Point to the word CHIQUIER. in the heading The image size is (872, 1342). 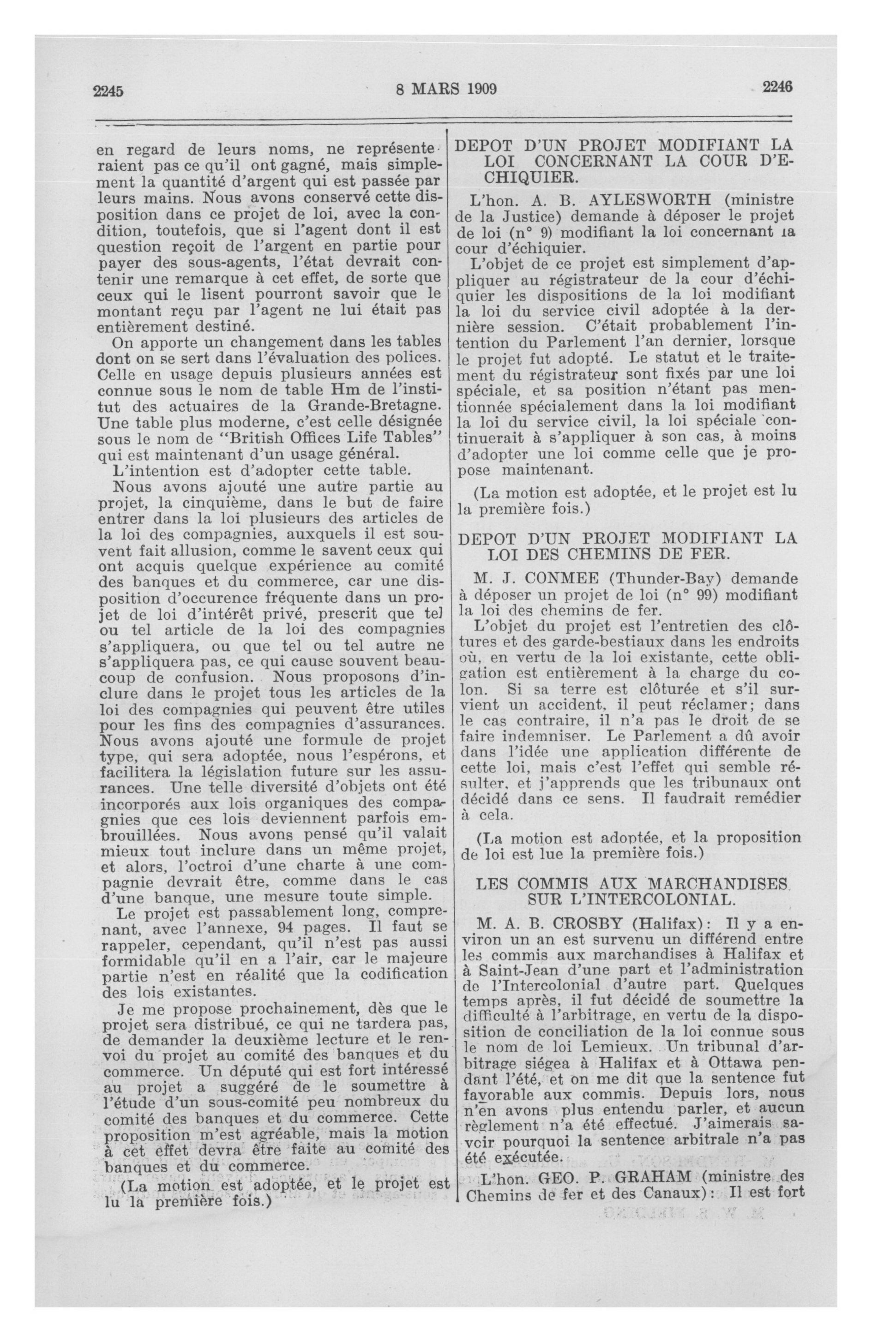pos(531,178)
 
